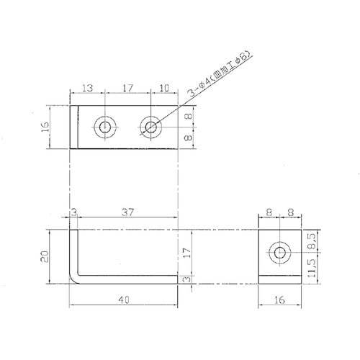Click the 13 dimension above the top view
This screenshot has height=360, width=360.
point(88,88)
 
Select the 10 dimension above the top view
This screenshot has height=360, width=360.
point(164,88)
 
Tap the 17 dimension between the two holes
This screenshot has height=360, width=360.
point(127,88)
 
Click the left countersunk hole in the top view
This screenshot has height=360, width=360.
point(104,127)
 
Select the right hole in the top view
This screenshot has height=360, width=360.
point(150,127)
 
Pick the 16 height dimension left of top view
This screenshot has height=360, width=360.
point(45,127)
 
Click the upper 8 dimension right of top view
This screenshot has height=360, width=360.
point(189,116)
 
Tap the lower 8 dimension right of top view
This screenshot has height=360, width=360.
point(189,138)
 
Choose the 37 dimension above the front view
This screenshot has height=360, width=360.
point(127,212)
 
